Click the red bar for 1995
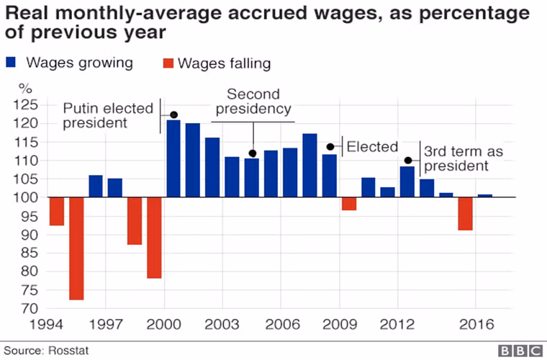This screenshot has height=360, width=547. click(x=76, y=248)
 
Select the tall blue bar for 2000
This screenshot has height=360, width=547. click(x=173, y=158)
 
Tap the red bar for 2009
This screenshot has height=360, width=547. click(x=349, y=204)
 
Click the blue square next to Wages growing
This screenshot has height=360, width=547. click(x=11, y=63)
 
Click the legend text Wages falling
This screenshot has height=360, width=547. click(x=224, y=63)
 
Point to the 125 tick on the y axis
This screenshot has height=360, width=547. click(x=30, y=105)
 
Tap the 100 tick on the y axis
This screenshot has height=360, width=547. click(x=30, y=197)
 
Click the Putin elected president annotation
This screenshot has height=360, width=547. click(x=108, y=116)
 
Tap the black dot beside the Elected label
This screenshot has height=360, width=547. click(x=331, y=147)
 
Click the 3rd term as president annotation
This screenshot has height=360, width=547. click(x=463, y=158)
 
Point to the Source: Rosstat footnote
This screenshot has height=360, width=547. click(x=45, y=351)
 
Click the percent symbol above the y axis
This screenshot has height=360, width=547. click(x=26, y=89)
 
